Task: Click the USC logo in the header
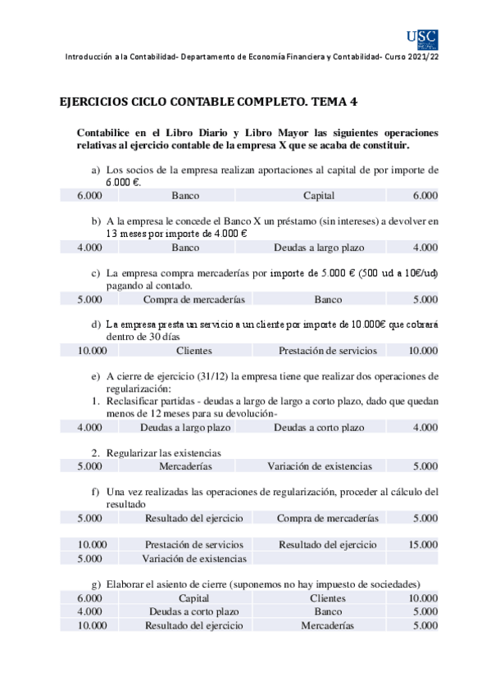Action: [x=422, y=38]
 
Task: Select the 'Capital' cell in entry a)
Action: [x=319, y=196]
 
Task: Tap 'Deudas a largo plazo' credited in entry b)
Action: [x=319, y=248]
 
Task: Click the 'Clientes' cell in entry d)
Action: [x=193, y=351]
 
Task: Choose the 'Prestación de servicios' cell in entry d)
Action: [x=327, y=351]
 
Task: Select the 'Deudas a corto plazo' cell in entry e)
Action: [x=319, y=428]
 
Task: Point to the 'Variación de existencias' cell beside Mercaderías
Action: [x=319, y=466]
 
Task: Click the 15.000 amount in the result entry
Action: [x=422, y=544]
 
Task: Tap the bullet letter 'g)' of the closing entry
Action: [x=96, y=584]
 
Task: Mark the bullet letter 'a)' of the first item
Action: [x=96, y=170]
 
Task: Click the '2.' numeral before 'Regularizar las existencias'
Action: [x=95, y=452]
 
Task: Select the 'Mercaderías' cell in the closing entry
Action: [x=327, y=625]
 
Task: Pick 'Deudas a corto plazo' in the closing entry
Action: [x=193, y=611]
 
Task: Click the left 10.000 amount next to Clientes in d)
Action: [x=92, y=351]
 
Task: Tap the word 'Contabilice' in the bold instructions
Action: [x=106, y=132]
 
